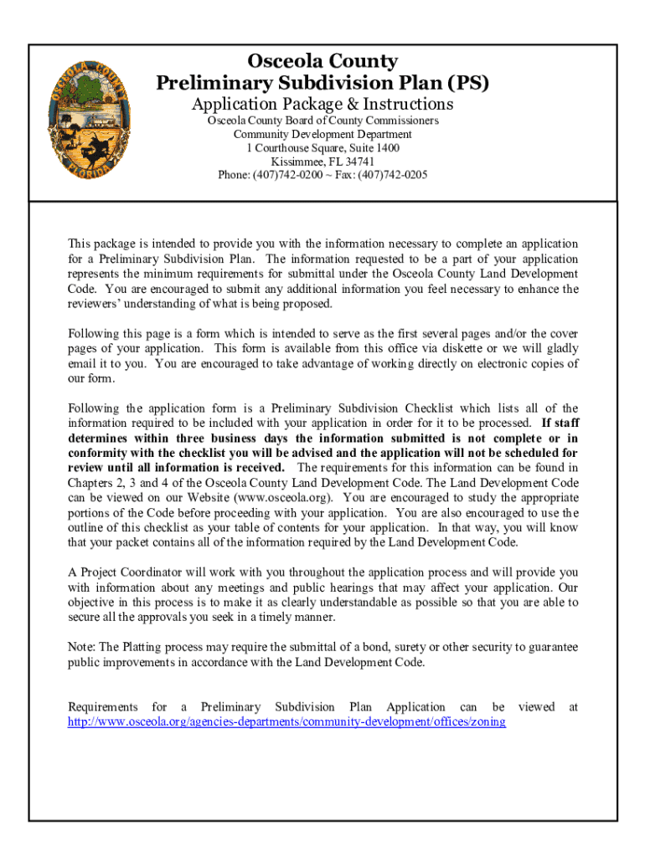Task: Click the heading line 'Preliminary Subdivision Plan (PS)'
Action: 322,83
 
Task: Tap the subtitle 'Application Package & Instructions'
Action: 322,104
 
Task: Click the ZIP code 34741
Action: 358,162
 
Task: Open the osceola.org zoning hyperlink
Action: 286,721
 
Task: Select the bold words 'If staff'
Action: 560,423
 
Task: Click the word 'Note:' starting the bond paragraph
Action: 82,648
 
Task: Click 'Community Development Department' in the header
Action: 322,134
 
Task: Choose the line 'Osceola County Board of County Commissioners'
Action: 322,121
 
